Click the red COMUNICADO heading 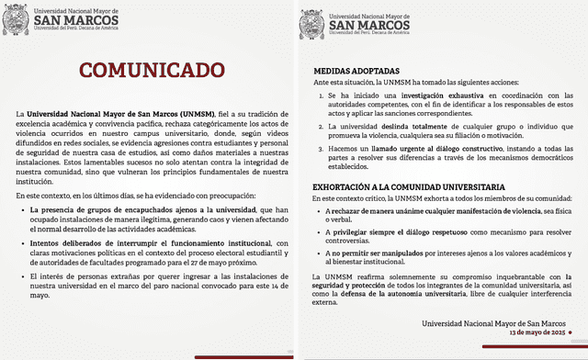pos(146,71)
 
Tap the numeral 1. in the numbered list pos(319,95)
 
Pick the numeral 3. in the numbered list pos(319,147)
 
